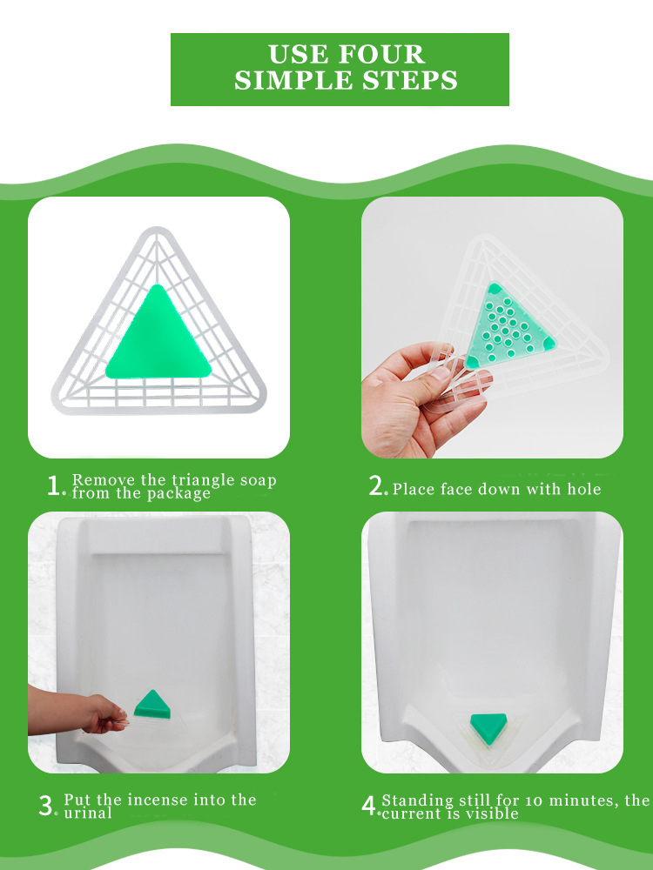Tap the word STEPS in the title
tap(412, 81)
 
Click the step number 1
tap(55, 486)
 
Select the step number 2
tap(377, 486)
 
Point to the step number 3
tap(46, 806)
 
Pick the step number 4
tap(368, 806)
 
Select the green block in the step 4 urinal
tap(488, 723)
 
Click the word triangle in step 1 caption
tap(197, 480)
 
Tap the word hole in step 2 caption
tap(584, 489)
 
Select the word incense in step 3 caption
tap(192, 800)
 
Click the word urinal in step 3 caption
tap(88, 813)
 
